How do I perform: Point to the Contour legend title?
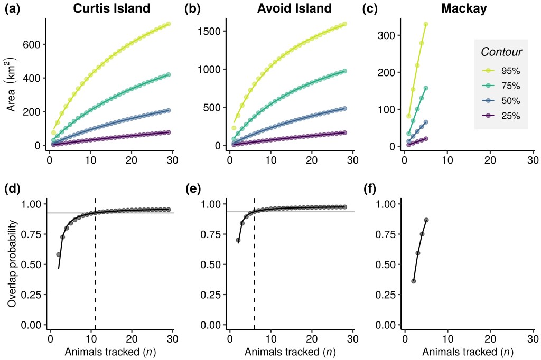[501, 52]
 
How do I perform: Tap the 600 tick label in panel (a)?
[31, 44]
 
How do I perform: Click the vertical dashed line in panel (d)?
[95, 264]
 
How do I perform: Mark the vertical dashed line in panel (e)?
[255, 264]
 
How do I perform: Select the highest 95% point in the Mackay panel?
[426, 24]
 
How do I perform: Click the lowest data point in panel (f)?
[413, 281]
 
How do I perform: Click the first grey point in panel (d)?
[59, 254]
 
